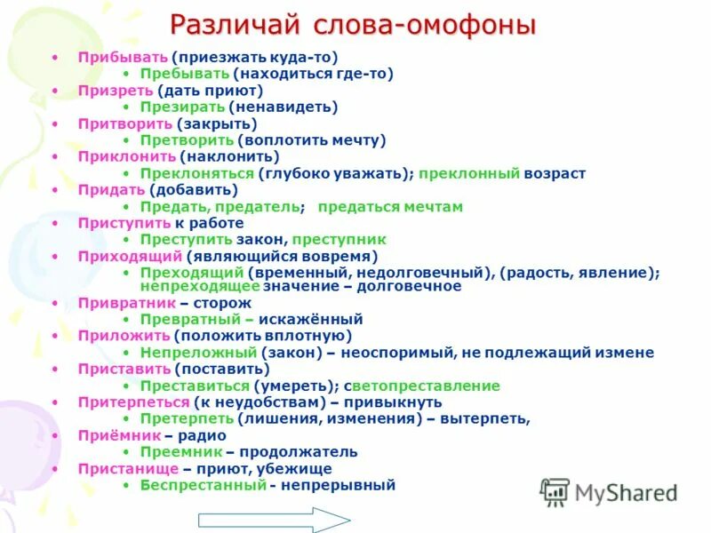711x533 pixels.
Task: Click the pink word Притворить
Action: (x=124, y=123)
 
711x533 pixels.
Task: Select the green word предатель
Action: (x=258, y=207)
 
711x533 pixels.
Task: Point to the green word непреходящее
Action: (x=200, y=286)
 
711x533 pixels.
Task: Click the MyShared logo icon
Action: (x=555, y=491)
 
